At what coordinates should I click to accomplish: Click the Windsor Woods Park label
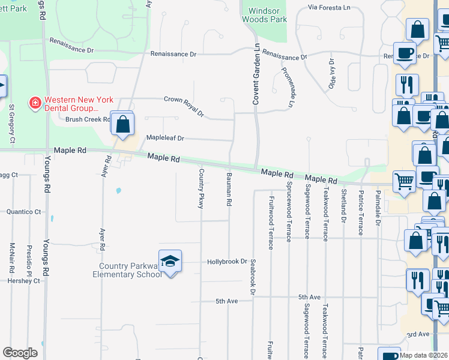[x=264, y=15]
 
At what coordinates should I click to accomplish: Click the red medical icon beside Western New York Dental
[x=35, y=104]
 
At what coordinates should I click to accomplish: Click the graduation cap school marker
[x=170, y=261]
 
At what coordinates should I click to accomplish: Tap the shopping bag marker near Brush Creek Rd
[x=122, y=125]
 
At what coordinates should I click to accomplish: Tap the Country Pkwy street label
[x=201, y=188]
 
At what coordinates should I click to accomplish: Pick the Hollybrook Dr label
[x=228, y=262]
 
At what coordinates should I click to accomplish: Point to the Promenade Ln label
[x=288, y=86]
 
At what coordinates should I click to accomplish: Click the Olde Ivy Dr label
[x=331, y=74]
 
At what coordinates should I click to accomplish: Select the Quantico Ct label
[x=23, y=212]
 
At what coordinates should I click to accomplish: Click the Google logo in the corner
[x=20, y=353]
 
